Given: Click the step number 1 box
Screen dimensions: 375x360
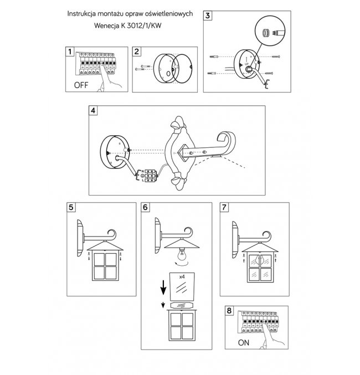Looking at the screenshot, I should point(70,52).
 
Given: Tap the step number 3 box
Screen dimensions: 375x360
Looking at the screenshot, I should point(208,16).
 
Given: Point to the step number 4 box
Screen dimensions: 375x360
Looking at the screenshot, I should point(93,110).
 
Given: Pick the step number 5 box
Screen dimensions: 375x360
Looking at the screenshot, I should point(70,208).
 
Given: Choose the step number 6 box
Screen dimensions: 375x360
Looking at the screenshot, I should point(146,208).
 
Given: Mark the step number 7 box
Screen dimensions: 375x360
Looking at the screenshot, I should point(224,208).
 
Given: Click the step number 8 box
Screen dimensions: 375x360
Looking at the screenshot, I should point(230,310).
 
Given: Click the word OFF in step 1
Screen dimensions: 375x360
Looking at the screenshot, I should point(81,85).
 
